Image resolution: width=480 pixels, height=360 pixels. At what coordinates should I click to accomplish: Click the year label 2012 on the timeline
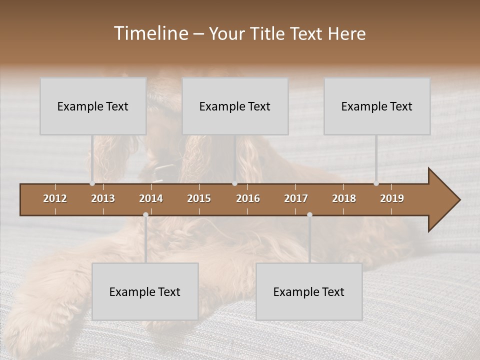click(55, 198)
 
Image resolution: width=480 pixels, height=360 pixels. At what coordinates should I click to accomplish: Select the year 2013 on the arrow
click(103, 198)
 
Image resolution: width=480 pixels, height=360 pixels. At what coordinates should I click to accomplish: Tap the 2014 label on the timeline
click(151, 198)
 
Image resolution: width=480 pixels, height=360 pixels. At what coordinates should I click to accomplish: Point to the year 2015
click(199, 198)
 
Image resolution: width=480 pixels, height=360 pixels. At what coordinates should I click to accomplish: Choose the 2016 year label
click(248, 198)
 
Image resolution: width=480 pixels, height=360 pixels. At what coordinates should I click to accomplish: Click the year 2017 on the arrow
click(296, 198)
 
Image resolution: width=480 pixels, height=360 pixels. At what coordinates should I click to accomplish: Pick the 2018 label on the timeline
click(344, 198)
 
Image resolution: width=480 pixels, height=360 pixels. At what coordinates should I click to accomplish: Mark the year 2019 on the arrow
click(392, 198)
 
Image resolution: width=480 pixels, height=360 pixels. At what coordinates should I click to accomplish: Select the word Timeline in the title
click(150, 33)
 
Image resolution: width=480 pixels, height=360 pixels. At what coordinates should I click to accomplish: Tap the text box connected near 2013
click(93, 106)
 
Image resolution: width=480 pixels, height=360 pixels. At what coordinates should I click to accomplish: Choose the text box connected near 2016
click(235, 106)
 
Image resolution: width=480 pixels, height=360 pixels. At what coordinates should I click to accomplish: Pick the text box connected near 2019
click(377, 106)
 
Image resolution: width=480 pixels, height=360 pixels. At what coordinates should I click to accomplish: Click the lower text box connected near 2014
click(145, 291)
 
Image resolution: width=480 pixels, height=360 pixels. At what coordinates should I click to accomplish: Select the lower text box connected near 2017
click(309, 291)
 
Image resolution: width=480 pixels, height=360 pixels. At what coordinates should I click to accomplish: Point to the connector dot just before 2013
click(92, 183)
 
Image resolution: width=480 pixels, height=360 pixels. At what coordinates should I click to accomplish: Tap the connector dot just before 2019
click(376, 183)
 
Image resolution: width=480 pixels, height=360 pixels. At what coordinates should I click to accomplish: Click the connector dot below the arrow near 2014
click(145, 215)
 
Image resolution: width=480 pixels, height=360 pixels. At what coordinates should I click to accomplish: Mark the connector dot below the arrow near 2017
click(309, 215)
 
